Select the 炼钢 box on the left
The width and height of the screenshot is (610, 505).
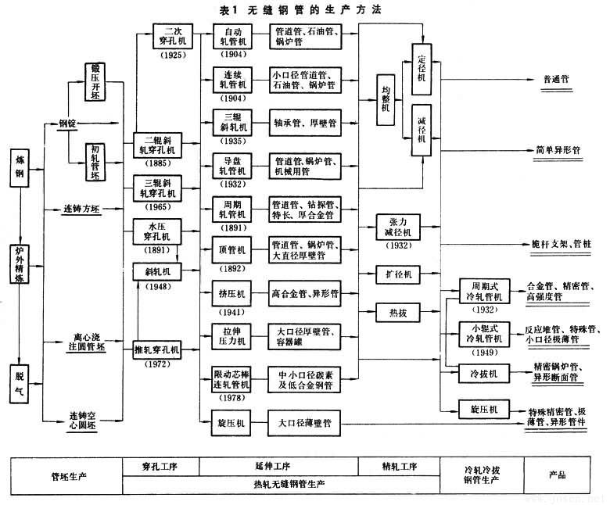20,166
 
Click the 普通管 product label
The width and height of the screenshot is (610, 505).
556,80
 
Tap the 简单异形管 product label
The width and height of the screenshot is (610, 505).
557,149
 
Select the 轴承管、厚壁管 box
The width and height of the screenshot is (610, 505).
304,123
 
